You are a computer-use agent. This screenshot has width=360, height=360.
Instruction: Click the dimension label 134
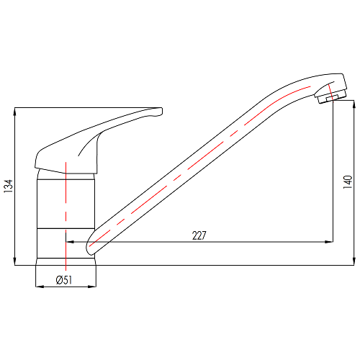(x=8, y=186)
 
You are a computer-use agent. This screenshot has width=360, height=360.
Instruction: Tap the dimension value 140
(x=348, y=182)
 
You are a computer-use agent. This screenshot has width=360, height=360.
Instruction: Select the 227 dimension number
(x=199, y=235)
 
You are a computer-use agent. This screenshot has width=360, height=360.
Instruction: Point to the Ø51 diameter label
(x=64, y=280)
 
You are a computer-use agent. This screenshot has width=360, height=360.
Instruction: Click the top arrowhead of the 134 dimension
(x=15, y=112)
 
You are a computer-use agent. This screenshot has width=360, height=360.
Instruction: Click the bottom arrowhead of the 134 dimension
(x=15, y=261)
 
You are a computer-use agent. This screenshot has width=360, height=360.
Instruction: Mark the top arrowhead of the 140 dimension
(x=354, y=104)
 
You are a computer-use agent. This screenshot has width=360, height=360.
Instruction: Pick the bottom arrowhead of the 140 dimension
(x=354, y=261)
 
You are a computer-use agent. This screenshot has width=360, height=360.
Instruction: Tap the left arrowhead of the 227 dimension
(x=70, y=242)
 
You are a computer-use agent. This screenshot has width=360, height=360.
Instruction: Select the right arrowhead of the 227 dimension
(x=329, y=242)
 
